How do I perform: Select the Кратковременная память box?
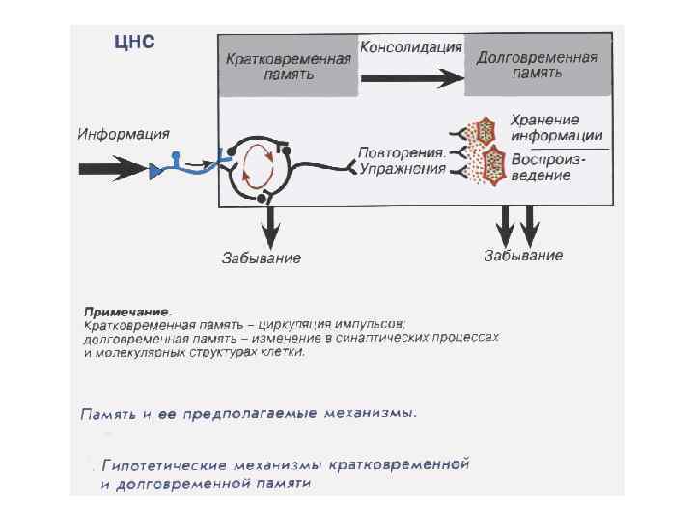287,66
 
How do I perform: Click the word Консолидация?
410,46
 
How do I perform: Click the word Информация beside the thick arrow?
124,133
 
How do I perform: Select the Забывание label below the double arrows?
522,256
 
